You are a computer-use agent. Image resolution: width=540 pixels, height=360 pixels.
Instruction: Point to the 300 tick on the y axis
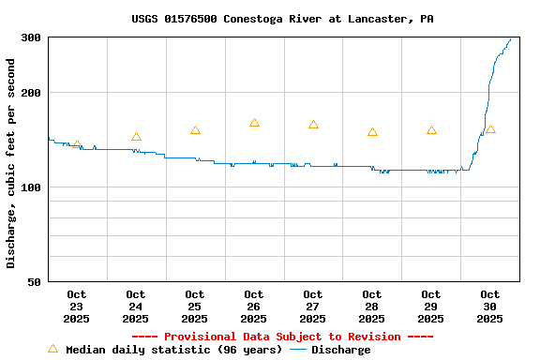point(31,37)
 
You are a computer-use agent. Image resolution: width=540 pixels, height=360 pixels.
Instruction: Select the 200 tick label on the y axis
point(31,93)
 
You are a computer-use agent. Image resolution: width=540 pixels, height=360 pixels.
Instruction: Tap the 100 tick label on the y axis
point(31,187)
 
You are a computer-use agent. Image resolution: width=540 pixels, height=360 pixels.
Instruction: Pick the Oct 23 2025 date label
point(77,307)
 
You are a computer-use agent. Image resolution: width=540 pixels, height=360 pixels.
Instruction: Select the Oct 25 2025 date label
point(195,307)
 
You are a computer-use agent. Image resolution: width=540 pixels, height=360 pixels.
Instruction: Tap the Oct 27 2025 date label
point(313,307)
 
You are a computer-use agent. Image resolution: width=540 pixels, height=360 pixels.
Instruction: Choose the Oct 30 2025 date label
point(489,307)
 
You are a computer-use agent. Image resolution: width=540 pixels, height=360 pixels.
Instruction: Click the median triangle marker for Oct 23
point(77,144)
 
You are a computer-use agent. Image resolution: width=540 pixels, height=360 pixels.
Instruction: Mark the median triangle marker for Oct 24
point(136,137)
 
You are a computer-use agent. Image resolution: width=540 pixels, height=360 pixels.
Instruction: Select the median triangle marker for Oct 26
point(254,123)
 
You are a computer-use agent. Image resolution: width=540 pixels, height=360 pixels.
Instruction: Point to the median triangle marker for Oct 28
point(372,132)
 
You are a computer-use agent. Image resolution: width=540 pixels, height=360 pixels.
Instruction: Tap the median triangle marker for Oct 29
point(431,130)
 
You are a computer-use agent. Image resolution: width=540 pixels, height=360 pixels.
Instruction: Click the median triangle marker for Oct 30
point(490,129)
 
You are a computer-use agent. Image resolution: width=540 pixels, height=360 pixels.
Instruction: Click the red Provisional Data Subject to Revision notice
point(282,337)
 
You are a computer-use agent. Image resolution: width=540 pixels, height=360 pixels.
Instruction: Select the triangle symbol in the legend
point(52,349)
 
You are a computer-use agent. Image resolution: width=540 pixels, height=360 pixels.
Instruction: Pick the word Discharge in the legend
point(340,350)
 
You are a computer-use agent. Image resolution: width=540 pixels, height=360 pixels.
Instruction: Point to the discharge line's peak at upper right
point(510,39)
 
